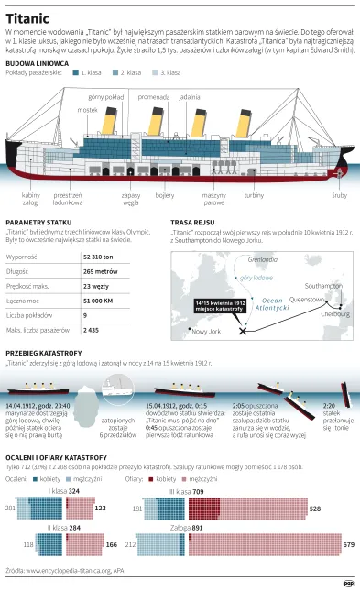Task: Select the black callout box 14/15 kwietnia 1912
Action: coord(217,304)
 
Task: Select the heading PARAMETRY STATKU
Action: coord(38,223)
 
